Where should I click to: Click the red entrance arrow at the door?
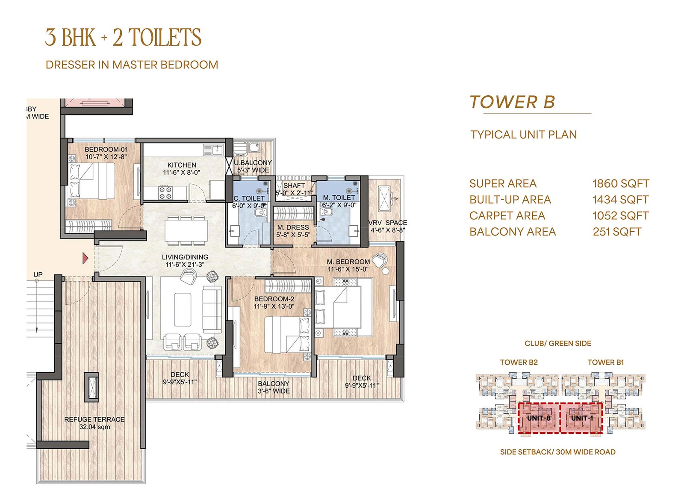[x=85, y=258]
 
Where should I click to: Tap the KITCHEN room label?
[x=182, y=165]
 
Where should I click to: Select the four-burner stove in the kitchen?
[x=165, y=193]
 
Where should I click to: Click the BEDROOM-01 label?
[x=106, y=149]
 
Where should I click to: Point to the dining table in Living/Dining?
[x=186, y=230]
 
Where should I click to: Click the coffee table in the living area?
[x=183, y=309]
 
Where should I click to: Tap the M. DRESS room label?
[x=293, y=227]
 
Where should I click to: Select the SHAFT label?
[x=294, y=186]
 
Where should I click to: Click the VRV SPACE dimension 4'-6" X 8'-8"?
[x=388, y=230]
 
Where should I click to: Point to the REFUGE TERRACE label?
[x=94, y=420]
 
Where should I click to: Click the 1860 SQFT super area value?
[x=621, y=183]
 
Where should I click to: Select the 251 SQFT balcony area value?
[x=617, y=232]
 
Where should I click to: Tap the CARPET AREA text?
[x=507, y=215]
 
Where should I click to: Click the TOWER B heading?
[x=513, y=102]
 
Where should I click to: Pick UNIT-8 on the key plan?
[x=539, y=418]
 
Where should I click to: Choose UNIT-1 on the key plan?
[x=581, y=418]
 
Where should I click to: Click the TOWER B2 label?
[x=519, y=362]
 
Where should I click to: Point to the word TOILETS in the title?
[x=165, y=37]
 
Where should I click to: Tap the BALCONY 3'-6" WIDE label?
[x=274, y=387]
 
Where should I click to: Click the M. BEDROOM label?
[x=348, y=262]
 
